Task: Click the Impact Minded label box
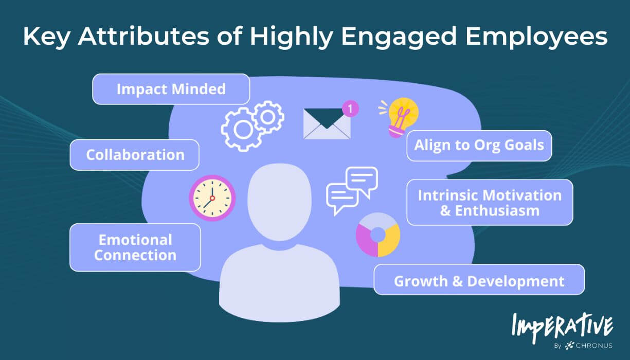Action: [171, 89]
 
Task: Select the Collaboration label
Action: [135, 155]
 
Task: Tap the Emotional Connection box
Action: [135, 247]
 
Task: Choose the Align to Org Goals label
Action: [479, 145]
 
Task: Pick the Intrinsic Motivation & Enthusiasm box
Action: [490, 203]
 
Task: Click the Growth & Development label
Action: [479, 281]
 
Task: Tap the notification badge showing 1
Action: [350, 109]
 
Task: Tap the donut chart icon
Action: [378, 235]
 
